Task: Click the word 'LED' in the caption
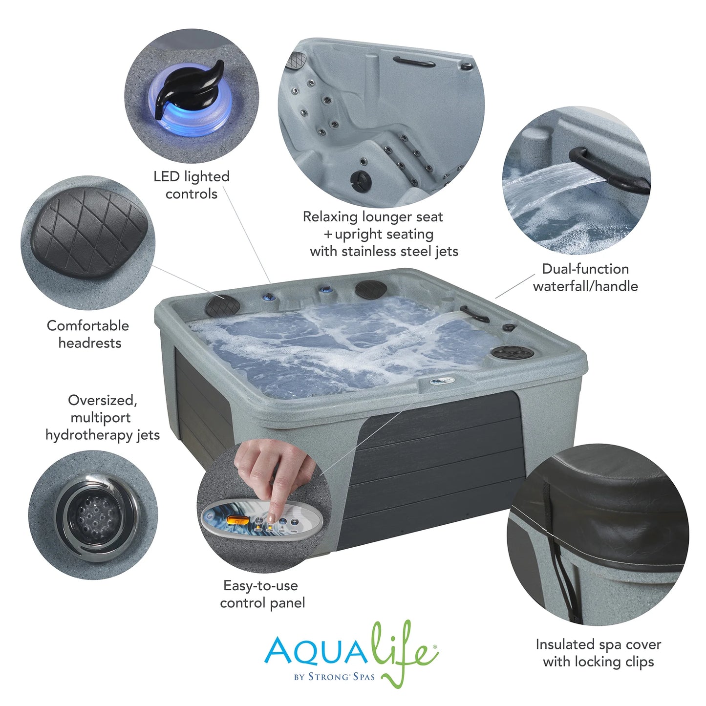(x=166, y=176)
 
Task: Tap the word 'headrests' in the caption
(x=90, y=343)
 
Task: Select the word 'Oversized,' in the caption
(x=103, y=400)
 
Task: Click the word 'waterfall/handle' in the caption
(x=585, y=286)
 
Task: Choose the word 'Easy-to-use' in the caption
(x=260, y=585)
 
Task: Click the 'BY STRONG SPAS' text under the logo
(x=334, y=677)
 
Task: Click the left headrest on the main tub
(x=223, y=305)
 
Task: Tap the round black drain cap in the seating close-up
(x=361, y=180)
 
